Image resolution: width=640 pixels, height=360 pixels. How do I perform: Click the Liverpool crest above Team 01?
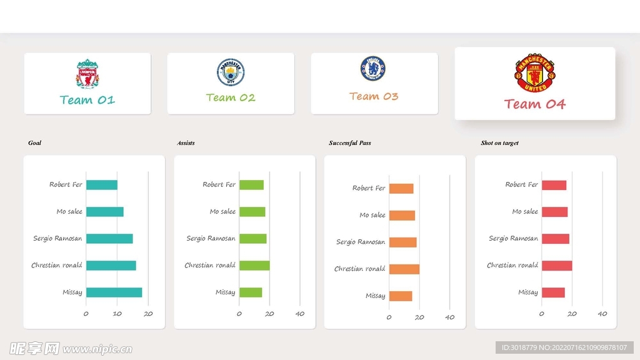[87, 73]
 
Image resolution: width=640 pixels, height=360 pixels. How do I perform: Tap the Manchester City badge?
[231, 72]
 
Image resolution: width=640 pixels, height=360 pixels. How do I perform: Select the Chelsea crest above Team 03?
[373, 69]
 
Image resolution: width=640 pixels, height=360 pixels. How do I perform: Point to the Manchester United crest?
[534, 73]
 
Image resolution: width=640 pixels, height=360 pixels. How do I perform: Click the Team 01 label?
[87, 100]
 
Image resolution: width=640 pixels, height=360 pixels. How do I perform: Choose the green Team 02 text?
[231, 97]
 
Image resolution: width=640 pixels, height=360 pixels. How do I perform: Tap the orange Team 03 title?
[374, 96]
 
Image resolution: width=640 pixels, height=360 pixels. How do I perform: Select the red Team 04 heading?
[534, 104]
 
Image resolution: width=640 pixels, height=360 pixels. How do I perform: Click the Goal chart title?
[35, 143]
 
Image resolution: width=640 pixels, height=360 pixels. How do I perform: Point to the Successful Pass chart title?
[350, 143]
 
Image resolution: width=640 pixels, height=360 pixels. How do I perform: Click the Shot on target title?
[500, 143]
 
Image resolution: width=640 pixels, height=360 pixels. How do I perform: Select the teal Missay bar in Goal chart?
[114, 292]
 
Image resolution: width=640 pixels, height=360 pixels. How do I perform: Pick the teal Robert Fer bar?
[101, 185]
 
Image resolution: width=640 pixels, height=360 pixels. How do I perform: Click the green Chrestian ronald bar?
[254, 266]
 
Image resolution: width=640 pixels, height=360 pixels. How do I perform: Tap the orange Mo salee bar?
[402, 216]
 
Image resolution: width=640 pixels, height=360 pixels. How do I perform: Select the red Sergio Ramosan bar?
[555, 239]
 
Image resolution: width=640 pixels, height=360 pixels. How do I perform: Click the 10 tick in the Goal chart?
[117, 314]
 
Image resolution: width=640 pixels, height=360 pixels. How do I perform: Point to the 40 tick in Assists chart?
[300, 314]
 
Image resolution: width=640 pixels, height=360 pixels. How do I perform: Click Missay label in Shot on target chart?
[527, 292]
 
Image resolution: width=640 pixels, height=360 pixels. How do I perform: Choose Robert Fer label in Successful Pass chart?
[369, 188]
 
